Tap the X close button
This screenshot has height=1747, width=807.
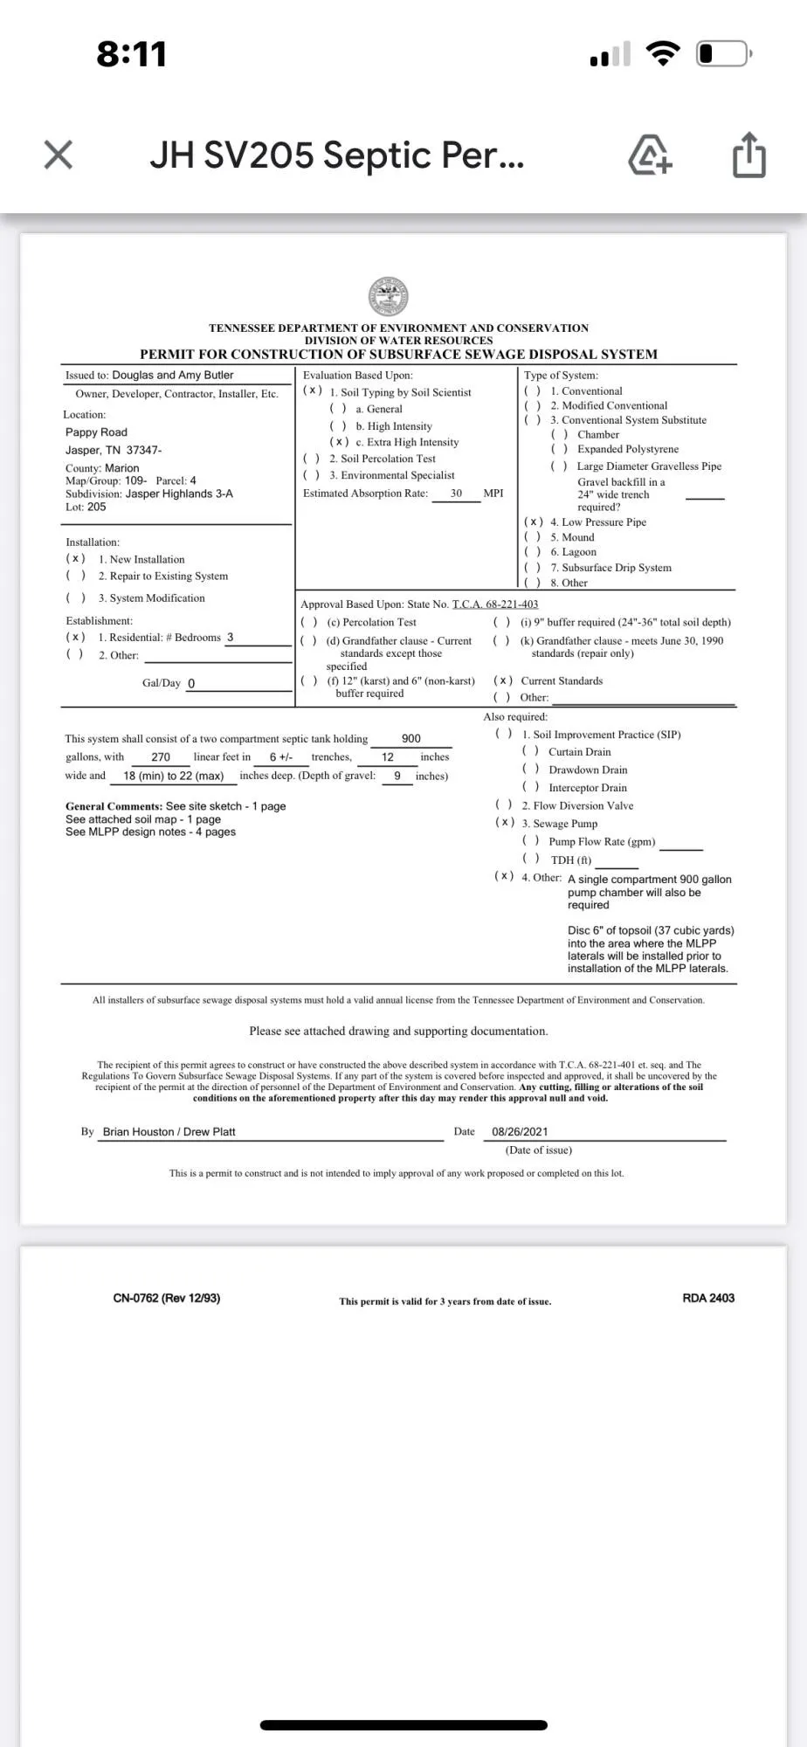(58, 155)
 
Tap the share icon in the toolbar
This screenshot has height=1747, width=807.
(748, 155)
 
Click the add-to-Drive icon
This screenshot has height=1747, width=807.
(651, 155)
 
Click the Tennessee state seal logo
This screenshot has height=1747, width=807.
(390, 297)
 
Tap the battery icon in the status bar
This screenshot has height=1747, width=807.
(723, 54)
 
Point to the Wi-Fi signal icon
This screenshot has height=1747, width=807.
(663, 54)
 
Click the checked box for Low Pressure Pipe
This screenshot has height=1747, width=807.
(534, 522)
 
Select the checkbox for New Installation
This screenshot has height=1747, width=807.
(76, 559)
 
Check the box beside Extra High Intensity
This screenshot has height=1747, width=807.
(339, 442)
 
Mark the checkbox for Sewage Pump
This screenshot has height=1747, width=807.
(504, 823)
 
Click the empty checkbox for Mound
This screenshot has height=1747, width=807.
(533, 537)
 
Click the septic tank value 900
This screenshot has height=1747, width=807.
(410, 739)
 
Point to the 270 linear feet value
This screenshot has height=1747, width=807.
(161, 757)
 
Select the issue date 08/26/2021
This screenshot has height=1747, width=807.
(520, 1132)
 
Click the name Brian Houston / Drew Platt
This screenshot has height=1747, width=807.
(169, 1132)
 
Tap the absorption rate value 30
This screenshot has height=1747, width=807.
(456, 494)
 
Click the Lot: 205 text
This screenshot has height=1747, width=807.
(86, 507)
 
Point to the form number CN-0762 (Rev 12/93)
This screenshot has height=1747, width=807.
(167, 1298)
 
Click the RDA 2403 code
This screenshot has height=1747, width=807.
(708, 1298)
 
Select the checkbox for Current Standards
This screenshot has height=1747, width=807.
(503, 680)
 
